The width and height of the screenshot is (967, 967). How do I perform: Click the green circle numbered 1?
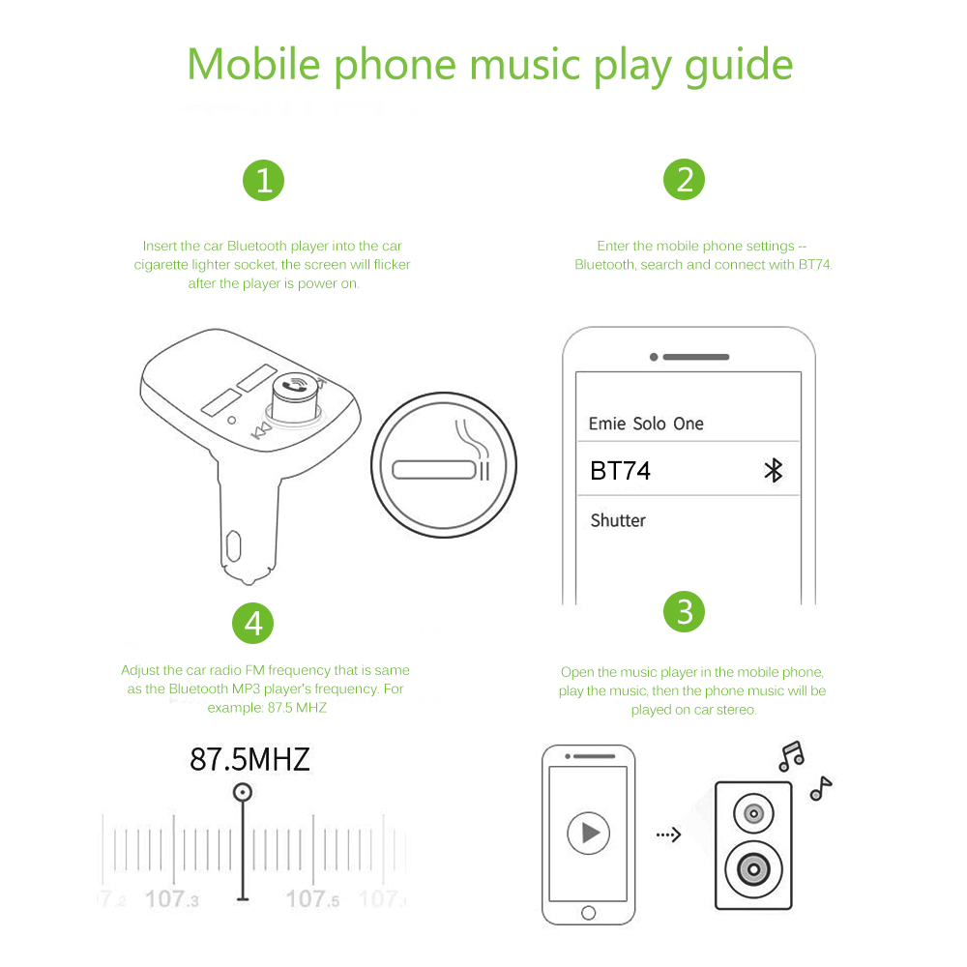(263, 181)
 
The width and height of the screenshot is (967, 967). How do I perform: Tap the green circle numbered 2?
(684, 180)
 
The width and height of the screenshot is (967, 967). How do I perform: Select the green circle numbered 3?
(684, 612)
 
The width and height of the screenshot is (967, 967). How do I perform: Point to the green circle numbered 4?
(252, 623)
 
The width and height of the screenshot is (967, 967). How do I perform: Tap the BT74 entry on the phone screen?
(621, 471)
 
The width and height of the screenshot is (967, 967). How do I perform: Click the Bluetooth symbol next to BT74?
(774, 471)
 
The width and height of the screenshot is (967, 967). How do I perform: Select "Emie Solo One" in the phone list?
(646, 424)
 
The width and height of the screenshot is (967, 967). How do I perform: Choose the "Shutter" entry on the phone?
(618, 520)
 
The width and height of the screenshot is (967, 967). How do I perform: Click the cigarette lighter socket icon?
(444, 465)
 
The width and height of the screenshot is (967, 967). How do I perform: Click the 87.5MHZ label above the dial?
(249, 759)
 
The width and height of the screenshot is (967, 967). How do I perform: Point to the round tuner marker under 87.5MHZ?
(243, 792)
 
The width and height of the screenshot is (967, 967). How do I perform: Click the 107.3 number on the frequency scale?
(171, 899)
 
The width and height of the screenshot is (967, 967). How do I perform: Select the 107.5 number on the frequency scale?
(312, 899)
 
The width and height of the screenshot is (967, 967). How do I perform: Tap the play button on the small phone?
(588, 834)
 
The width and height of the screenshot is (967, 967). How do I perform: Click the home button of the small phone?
(588, 913)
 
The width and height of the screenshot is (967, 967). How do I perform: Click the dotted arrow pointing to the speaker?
(668, 835)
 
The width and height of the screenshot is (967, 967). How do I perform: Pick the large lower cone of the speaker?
(753, 869)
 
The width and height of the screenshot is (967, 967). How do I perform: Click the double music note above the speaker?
(792, 756)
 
